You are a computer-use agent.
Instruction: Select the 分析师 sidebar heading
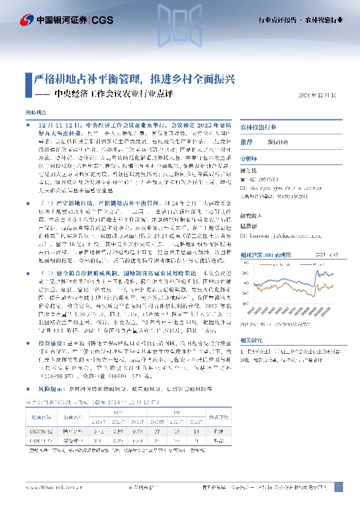249,157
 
